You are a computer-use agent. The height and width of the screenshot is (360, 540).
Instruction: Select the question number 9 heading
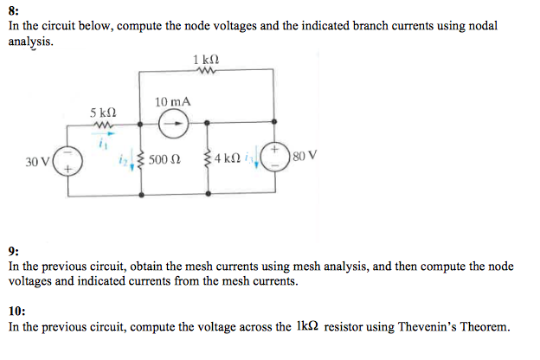[12, 251]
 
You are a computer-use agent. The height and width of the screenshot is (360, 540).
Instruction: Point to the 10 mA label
[172, 102]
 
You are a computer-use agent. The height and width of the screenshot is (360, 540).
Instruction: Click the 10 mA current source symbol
[173, 123]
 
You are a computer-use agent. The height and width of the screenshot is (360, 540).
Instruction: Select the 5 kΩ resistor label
[102, 112]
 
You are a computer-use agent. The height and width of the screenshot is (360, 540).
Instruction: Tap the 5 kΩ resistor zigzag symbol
[102, 125]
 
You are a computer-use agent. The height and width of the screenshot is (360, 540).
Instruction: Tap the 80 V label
[305, 157]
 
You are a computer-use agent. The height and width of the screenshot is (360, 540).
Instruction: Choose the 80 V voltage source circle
[276, 159]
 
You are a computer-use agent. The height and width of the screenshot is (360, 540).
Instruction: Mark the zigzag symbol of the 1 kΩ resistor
[208, 73]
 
